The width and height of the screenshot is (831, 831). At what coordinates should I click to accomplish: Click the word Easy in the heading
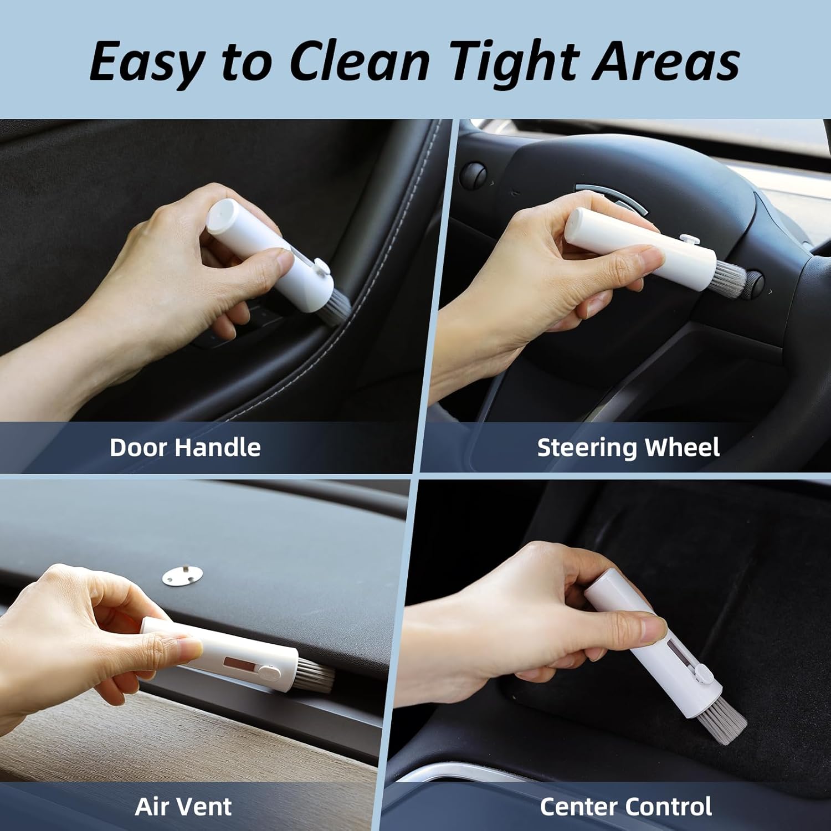(146, 61)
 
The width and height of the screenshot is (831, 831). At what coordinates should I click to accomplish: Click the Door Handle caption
(185, 447)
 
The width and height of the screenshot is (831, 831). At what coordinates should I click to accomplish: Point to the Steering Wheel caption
(628, 448)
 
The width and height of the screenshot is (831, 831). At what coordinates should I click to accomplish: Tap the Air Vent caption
(183, 807)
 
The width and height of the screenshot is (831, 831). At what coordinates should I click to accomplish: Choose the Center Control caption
(626, 807)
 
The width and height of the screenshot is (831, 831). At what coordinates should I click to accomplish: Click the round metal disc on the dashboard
(182, 576)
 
